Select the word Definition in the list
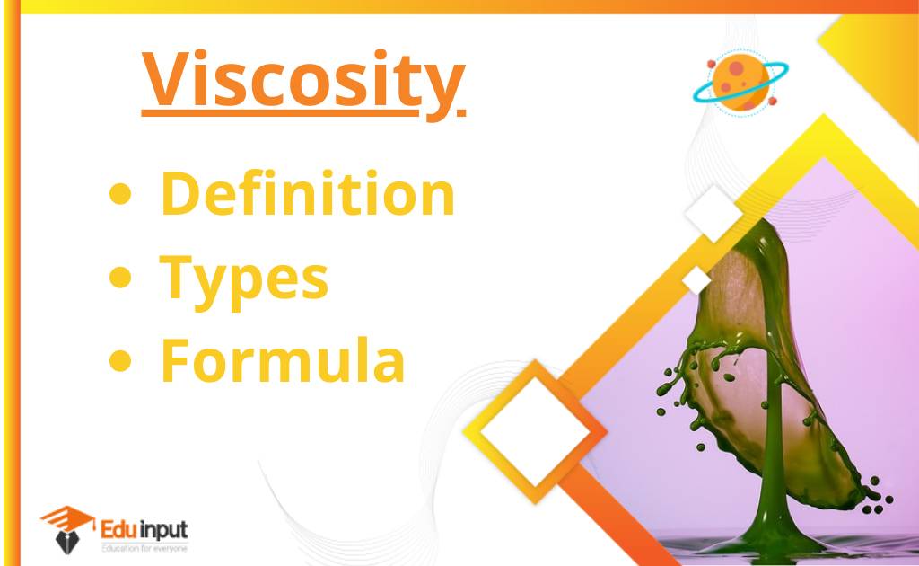click(x=308, y=196)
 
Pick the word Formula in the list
click(x=283, y=361)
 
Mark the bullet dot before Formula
click(x=119, y=362)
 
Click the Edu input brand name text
click(x=144, y=527)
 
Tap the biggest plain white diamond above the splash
click(x=714, y=213)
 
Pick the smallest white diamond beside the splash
click(x=696, y=280)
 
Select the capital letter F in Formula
click(x=176, y=361)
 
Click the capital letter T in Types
click(x=178, y=279)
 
